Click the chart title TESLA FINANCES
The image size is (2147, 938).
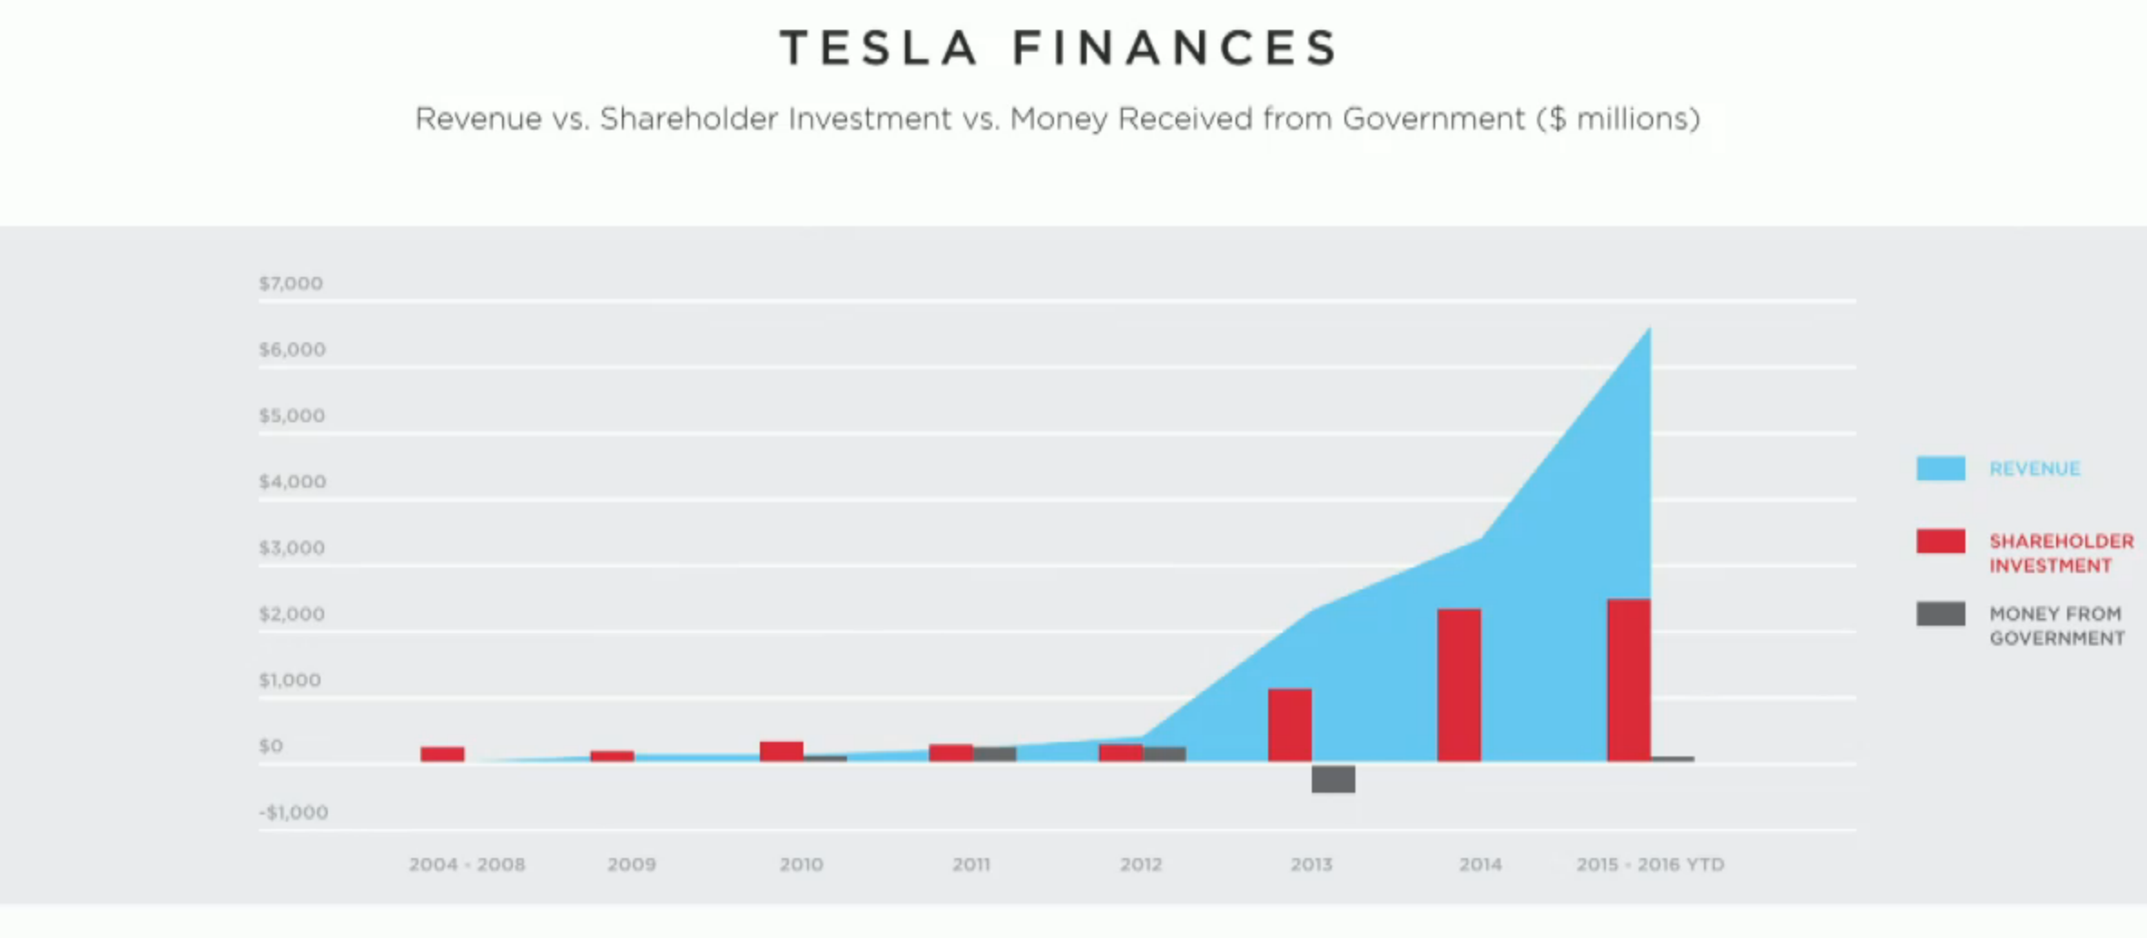pyautogui.click(x=1059, y=48)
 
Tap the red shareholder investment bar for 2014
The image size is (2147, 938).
pyautogui.click(x=1459, y=685)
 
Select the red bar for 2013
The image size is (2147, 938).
pyautogui.click(x=1289, y=725)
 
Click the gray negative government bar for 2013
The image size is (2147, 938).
pyautogui.click(x=1333, y=778)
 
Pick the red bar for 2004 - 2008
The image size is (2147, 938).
pyautogui.click(x=442, y=754)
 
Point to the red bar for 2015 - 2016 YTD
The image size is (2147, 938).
pyautogui.click(x=1629, y=679)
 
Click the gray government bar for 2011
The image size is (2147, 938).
pyautogui.click(x=994, y=754)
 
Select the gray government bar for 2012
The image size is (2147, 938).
pyautogui.click(x=1164, y=754)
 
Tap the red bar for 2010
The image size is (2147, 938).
pyautogui.click(x=782, y=751)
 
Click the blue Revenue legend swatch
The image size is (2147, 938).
pyautogui.click(x=1941, y=468)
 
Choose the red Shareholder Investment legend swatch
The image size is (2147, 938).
pyautogui.click(x=1941, y=541)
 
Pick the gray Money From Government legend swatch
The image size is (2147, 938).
pyautogui.click(x=1941, y=614)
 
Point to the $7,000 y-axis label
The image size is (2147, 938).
pyautogui.click(x=291, y=283)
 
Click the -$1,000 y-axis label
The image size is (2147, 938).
pyautogui.click(x=293, y=813)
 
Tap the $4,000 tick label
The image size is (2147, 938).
pyautogui.click(x=291, y=481)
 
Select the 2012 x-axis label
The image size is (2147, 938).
pyautogui.click(x=1140, y=864)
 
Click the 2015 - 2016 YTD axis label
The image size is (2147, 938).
pyautogui.click(x=1650, y=864)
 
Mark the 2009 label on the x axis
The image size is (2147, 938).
pyautogui.click(x=631, y=864)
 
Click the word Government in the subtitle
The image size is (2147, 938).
pyautogui.click(x=1433, y=119)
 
